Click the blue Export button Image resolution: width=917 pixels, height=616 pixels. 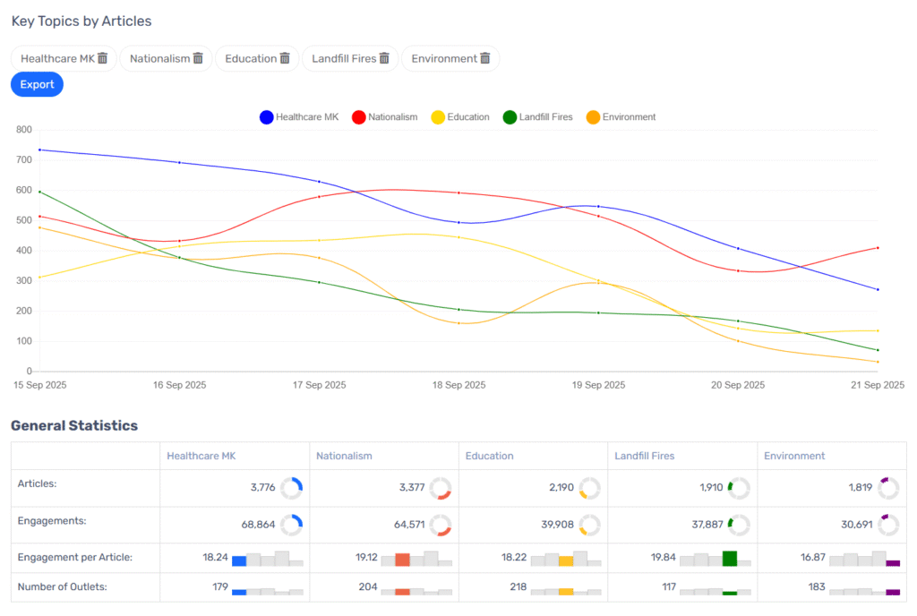pos(37,84)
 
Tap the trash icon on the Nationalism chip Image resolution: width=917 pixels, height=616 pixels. pos(198,58)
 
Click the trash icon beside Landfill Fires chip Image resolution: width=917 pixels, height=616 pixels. pos(384,58)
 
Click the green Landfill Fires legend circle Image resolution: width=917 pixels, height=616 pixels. pos(510,117)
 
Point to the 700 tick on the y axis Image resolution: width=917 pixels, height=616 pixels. pos(24,160)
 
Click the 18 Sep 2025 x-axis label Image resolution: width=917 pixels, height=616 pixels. pos(458,385)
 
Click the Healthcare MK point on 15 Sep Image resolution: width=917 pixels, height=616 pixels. pos(39,150)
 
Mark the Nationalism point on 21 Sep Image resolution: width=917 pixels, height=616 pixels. pos(878,248)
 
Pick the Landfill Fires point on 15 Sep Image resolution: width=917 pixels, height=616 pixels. pos(39,192)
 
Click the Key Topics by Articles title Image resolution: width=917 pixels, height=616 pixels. pos(81,21)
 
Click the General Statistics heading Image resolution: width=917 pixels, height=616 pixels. pos(74,425)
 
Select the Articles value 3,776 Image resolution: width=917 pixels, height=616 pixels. pos(264,488)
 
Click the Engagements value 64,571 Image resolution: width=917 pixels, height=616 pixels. pos(407,525)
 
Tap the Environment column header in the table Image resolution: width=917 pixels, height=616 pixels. pos(794,456)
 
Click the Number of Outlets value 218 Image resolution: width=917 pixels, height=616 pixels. pos(515,587)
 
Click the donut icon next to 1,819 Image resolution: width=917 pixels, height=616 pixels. pos(888,488)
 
